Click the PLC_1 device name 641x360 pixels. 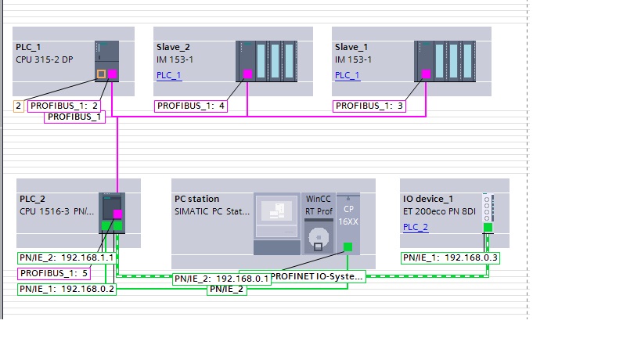[28, 47]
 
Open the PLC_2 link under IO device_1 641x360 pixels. [416, 227]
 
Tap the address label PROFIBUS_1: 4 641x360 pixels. [191, 106]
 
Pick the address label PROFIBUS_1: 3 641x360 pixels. [369, 106]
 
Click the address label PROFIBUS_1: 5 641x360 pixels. [54, 273]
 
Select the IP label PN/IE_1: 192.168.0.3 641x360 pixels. [451, 257]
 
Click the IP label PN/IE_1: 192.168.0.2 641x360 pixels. [67, 289]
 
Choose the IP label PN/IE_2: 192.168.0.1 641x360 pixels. [221, 278]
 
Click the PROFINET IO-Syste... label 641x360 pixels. [318, 276]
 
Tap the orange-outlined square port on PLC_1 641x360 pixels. [100, 75]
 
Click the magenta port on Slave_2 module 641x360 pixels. [247, 74]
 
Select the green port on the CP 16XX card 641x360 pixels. [348, 247]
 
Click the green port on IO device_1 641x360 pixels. [487, 228]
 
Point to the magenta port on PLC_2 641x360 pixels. [117, 214]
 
